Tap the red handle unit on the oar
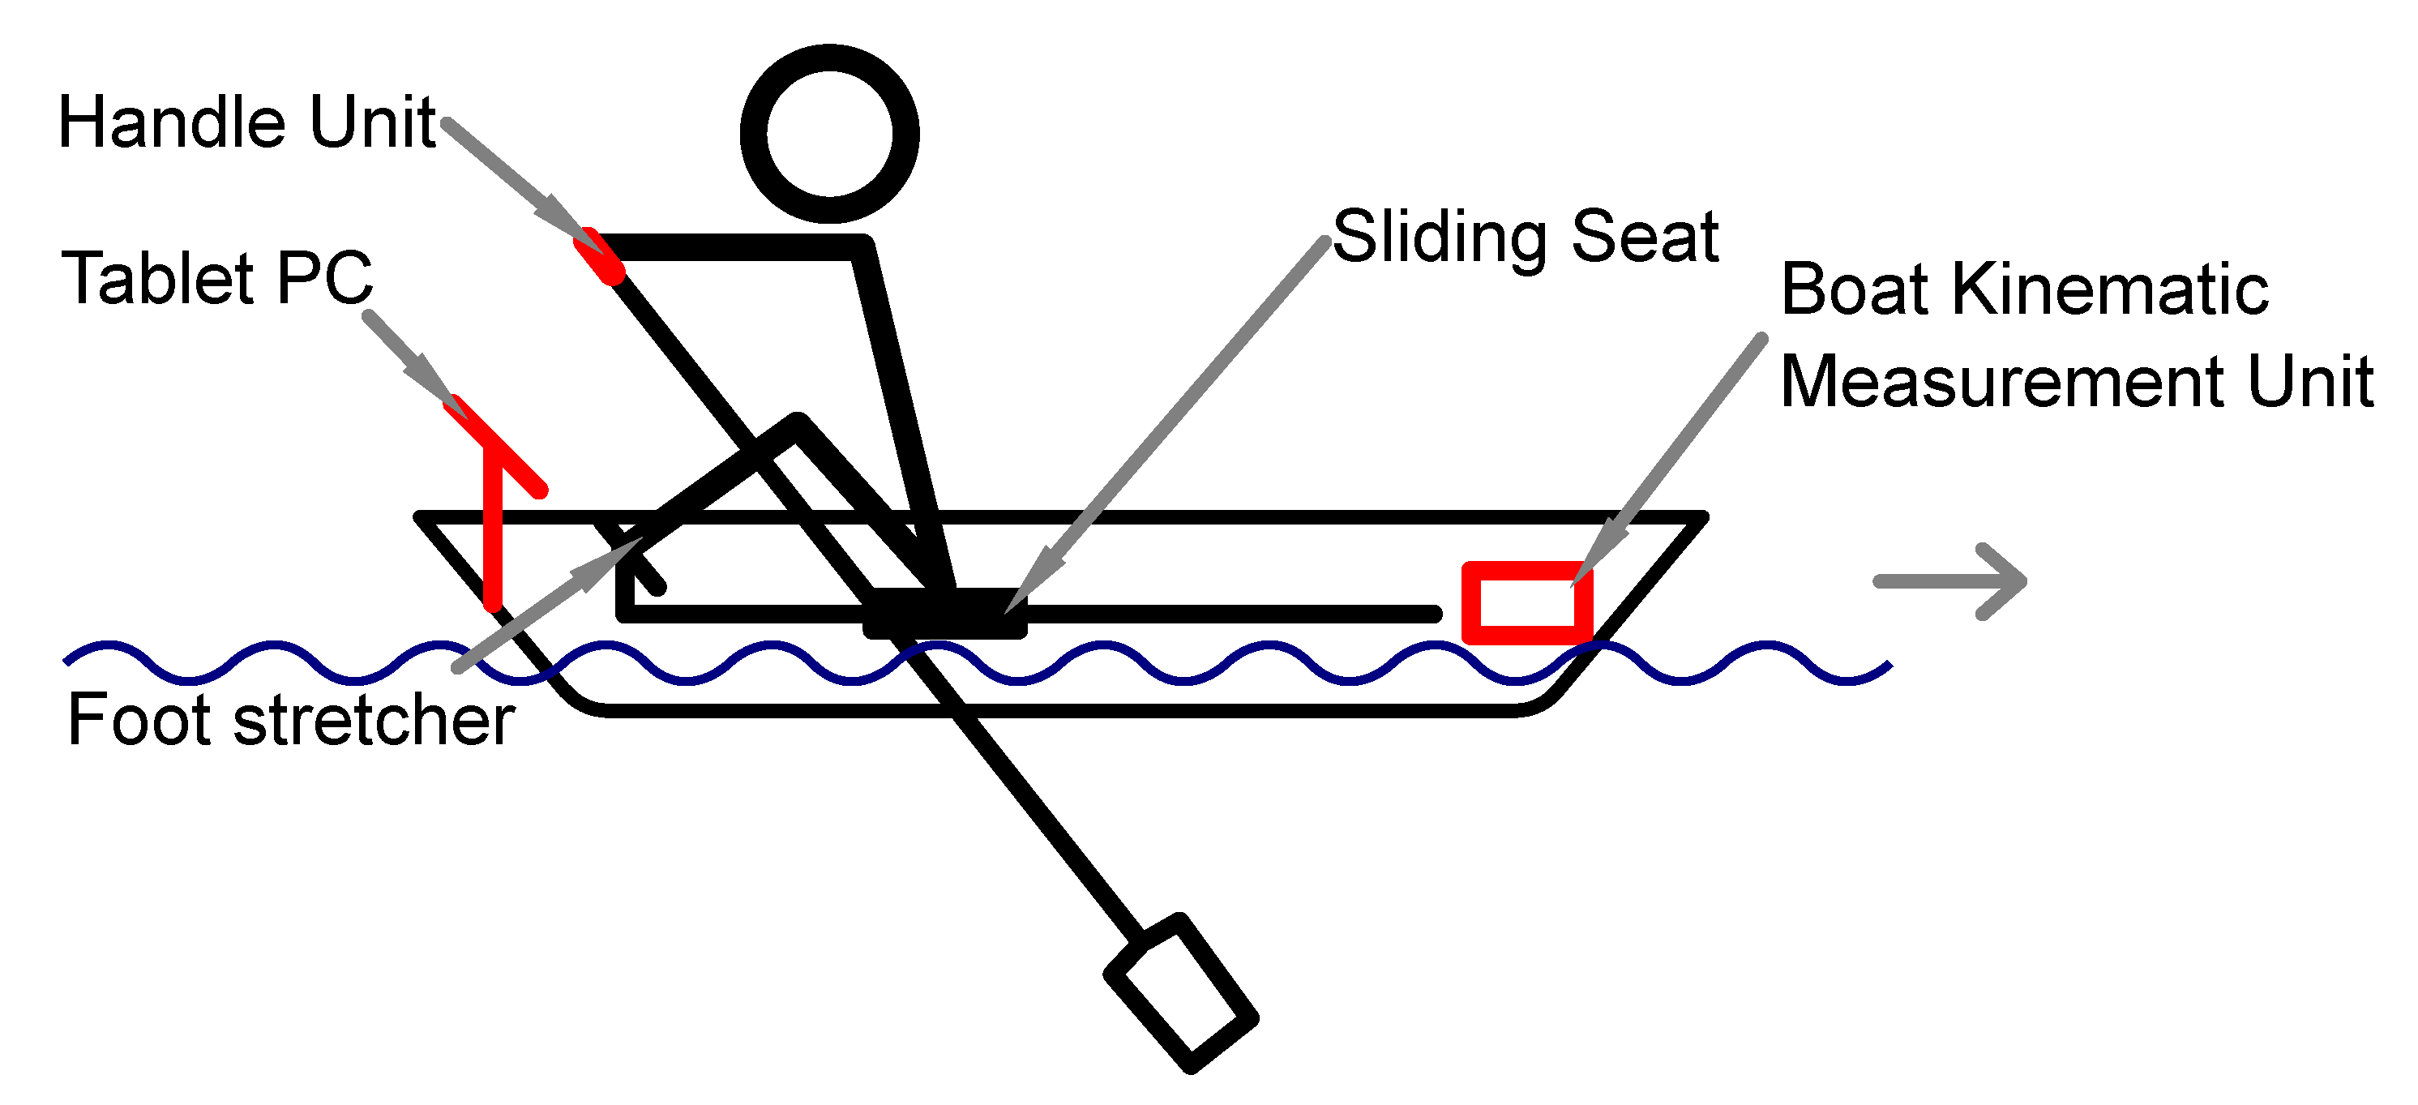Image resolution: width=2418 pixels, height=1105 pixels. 600,255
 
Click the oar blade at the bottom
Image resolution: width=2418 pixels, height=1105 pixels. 1181,993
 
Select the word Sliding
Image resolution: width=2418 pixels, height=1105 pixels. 1439,237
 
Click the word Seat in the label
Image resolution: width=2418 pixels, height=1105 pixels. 1645,237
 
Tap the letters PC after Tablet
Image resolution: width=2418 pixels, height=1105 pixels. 325,279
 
